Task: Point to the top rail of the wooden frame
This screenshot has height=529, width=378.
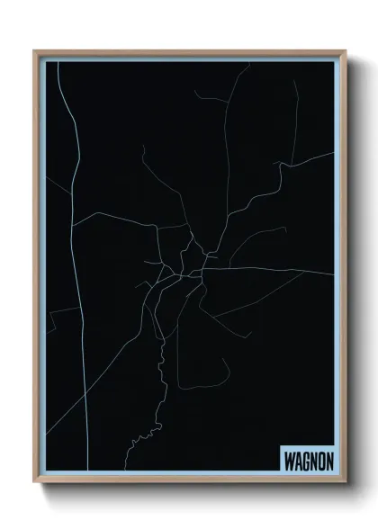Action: tap(189, 52)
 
